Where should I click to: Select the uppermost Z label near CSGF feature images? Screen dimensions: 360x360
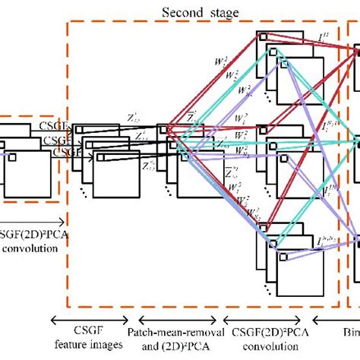[x=134, y=118]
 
